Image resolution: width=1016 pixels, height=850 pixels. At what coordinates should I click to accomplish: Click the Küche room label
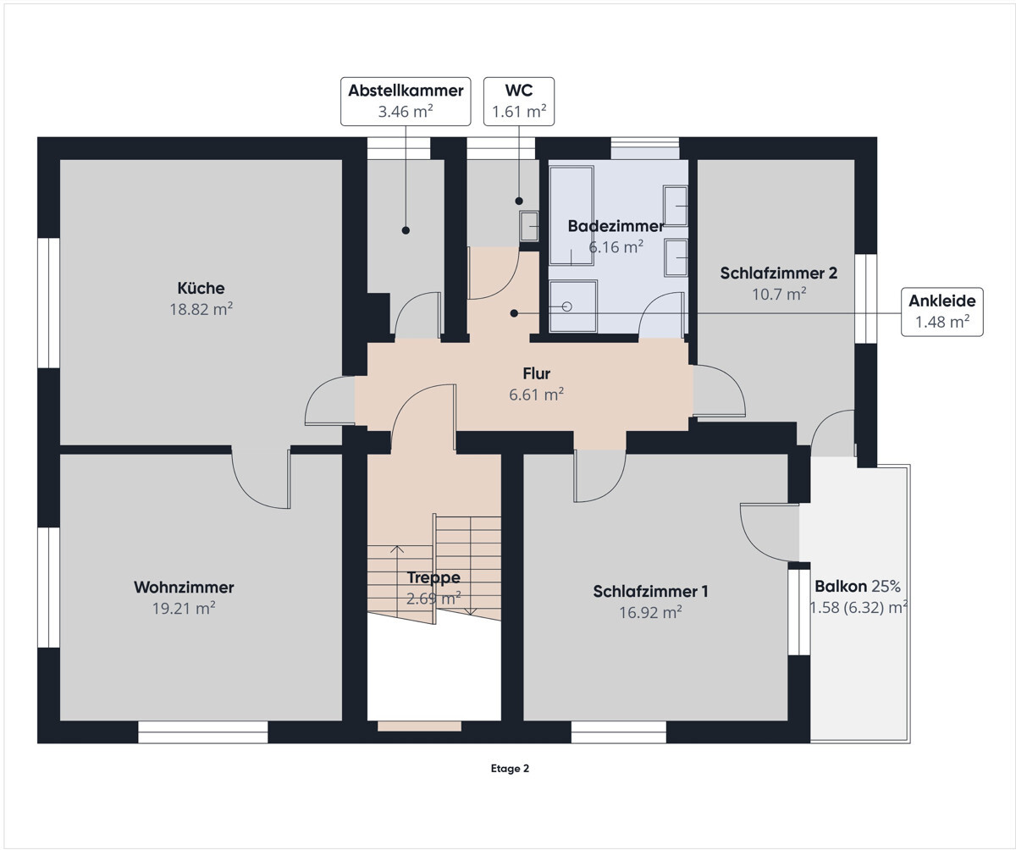tap(201, 288)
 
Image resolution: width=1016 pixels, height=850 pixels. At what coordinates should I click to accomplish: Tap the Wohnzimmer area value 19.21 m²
tap(184, 608)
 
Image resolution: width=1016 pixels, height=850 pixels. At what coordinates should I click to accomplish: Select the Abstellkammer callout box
tap(406, 102)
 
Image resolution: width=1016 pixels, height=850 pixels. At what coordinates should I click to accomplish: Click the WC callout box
tap(519, 102)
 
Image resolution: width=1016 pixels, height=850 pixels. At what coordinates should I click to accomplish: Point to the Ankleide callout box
tap(942, 312)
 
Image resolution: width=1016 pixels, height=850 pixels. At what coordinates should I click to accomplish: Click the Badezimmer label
tap(616, 226)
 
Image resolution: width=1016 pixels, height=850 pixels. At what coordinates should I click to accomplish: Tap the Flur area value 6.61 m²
tap(536, 395)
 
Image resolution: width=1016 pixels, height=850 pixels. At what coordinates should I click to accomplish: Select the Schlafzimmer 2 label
tap(779, 273)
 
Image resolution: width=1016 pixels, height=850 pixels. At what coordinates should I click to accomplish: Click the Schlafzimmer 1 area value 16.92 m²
tap(650, 612)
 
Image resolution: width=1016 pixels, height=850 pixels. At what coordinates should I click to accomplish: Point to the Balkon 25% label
tap(858, 587)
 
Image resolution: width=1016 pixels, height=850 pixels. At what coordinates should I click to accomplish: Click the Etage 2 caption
tap(510, 769)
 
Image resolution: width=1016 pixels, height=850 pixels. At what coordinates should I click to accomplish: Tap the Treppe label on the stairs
tap(433, 577)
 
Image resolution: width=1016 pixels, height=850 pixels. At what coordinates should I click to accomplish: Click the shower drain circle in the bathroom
tap(567, 306)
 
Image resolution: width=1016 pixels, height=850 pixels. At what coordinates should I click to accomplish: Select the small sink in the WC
tap(529, 226)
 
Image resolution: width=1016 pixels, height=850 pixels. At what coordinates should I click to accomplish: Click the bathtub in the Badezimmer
tap(571, 216)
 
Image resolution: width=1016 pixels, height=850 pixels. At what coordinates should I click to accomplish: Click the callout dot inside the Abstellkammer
tap(406, 230)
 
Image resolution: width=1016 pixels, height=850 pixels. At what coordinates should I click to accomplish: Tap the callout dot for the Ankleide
tap(514, 314)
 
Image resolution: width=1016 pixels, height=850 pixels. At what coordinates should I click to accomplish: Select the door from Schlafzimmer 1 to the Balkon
tap(770, 533)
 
